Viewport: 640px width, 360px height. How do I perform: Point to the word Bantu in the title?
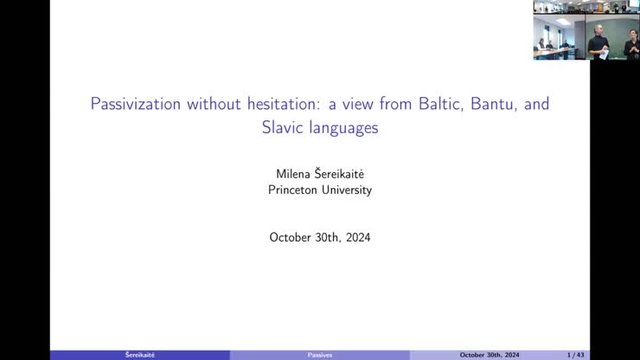click(496, 105)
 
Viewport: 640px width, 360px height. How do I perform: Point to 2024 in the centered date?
click(356, 236)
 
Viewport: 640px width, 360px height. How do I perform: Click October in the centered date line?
click(291, 236)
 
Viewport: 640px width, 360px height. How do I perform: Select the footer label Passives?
click(319, 355)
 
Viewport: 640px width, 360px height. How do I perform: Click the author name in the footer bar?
click(139, 355)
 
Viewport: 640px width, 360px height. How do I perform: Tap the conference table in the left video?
click(554, 53)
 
